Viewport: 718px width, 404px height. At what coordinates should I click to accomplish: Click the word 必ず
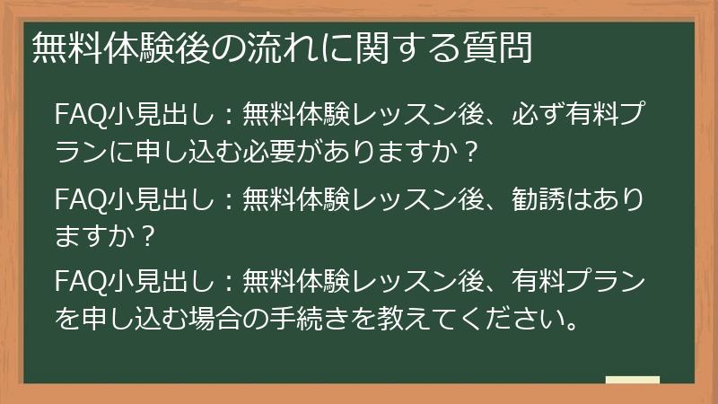click(535, 118)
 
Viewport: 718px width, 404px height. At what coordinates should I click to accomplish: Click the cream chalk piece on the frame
click(632, 380)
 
